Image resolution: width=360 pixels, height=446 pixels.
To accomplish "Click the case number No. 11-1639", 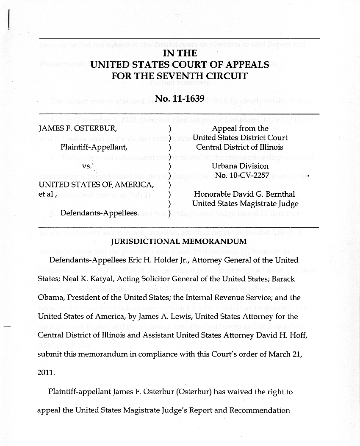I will (x=180, y=99).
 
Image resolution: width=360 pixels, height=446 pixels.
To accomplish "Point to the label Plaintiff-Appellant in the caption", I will (x=94, y=148).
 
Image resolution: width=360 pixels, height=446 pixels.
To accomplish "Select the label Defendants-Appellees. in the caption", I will (x=100, y=213).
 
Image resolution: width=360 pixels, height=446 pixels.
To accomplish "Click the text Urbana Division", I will (x=240, y=166).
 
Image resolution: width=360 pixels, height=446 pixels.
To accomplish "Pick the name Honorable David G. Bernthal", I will (x=244, y=194).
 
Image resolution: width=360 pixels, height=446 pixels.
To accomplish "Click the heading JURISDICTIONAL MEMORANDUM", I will (x=178, y=242).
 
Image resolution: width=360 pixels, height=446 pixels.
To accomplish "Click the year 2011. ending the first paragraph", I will (x=46, y=374).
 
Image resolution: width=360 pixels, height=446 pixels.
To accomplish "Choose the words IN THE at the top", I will (x=180, y=53).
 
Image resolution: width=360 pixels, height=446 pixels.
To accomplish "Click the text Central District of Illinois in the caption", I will (x=240, y=147).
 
